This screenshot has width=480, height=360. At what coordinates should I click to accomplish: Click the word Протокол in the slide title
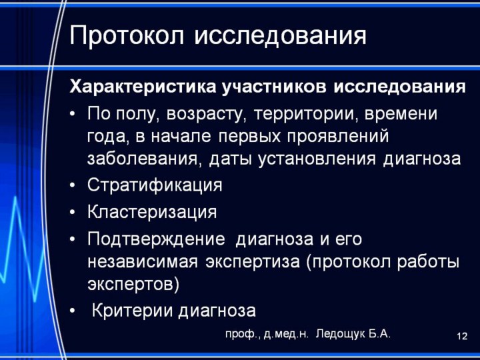tap(127, 35)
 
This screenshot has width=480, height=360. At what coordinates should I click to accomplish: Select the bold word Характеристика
tap(143, 86)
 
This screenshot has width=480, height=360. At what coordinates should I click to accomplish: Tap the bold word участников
tap(275, 87)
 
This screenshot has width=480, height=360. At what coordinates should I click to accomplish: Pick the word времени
tap(401, 114)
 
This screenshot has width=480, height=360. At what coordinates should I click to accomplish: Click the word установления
tap(316, 159)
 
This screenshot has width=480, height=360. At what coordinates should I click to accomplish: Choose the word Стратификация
tap(155, 185)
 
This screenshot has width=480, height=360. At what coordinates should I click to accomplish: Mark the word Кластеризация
tap(152, 212)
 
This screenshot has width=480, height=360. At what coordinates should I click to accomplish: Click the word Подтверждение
tap(156, 239)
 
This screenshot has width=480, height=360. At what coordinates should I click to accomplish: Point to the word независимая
tap(143, 263)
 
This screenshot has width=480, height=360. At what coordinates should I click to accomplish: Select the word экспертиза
tap(253, 263)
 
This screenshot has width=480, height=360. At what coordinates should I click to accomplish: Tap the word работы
tap(428, 262)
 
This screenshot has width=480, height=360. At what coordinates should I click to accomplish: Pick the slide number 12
tap(462, 336)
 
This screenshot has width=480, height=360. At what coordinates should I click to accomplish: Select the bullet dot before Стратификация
tap(72, 185)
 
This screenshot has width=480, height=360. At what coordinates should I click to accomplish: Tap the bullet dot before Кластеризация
tap(72, 212)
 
